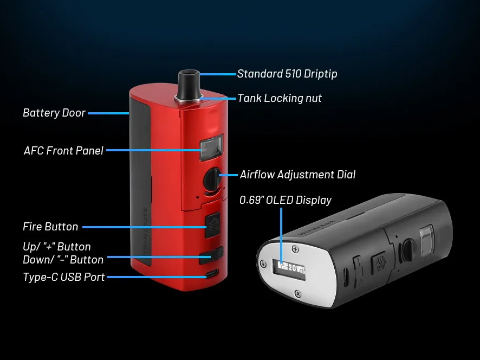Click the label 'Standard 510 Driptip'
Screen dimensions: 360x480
point(287,74)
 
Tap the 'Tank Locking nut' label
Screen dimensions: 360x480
point(280,98)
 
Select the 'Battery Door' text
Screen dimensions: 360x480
point(54,113)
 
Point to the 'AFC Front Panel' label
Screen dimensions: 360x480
point(63,150)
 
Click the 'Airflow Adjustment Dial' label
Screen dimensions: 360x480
point(297,175)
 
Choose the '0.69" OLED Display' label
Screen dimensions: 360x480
point(286,200)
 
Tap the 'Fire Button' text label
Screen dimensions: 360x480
point(50,227)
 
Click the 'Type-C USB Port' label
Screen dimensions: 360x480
point(63,277)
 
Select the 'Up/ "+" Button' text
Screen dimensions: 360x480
point(57,247)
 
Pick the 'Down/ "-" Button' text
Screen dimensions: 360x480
point(63,259)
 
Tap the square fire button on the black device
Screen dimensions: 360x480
point(378,263)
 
